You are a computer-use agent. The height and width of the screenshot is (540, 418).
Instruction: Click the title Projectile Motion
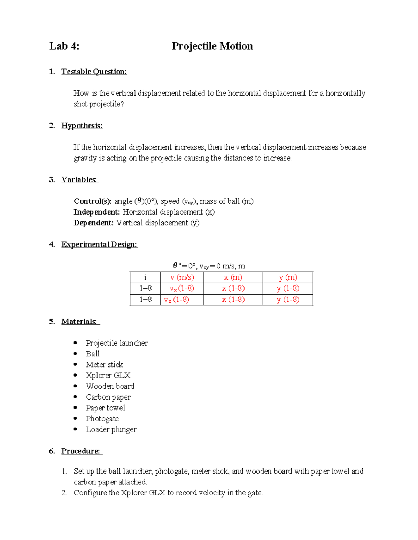point(212,46)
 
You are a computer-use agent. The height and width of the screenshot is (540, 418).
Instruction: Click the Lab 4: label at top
point(64,46)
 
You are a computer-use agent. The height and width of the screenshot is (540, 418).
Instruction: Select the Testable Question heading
point(94,72)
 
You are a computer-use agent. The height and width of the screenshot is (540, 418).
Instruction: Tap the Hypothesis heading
point(82,126)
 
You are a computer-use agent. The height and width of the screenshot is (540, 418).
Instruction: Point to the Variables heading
point(79,179)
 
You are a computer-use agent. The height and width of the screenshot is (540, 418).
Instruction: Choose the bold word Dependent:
point(93,223)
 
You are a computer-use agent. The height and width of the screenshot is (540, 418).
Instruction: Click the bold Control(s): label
point(93,201)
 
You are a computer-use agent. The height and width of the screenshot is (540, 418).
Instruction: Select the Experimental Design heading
point(99,244)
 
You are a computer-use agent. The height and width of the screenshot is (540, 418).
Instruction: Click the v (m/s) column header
point(182,277)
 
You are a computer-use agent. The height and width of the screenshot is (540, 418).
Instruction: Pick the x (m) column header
point(233,277)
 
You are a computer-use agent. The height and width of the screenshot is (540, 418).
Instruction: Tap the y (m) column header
point(288,277)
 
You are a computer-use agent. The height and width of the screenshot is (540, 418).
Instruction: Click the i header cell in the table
point(145,277)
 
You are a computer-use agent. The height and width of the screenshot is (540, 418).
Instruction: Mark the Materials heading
point(79,321)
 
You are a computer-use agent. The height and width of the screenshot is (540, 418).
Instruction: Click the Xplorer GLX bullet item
point(108,375)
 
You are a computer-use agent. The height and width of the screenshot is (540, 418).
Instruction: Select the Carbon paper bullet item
point(108,397)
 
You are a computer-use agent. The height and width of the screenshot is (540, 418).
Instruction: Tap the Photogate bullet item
point(102,418)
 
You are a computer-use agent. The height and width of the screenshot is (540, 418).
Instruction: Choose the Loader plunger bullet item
point(111,429)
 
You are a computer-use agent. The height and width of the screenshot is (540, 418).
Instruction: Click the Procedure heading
point(81,451)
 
